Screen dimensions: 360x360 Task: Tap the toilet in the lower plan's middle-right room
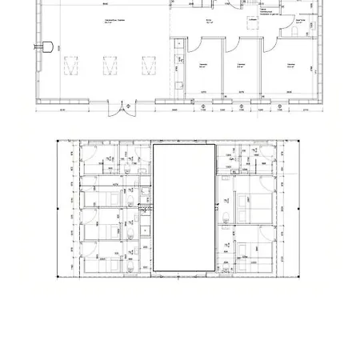[227, 215]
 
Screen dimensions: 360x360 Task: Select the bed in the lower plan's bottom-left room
[100, 263]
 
